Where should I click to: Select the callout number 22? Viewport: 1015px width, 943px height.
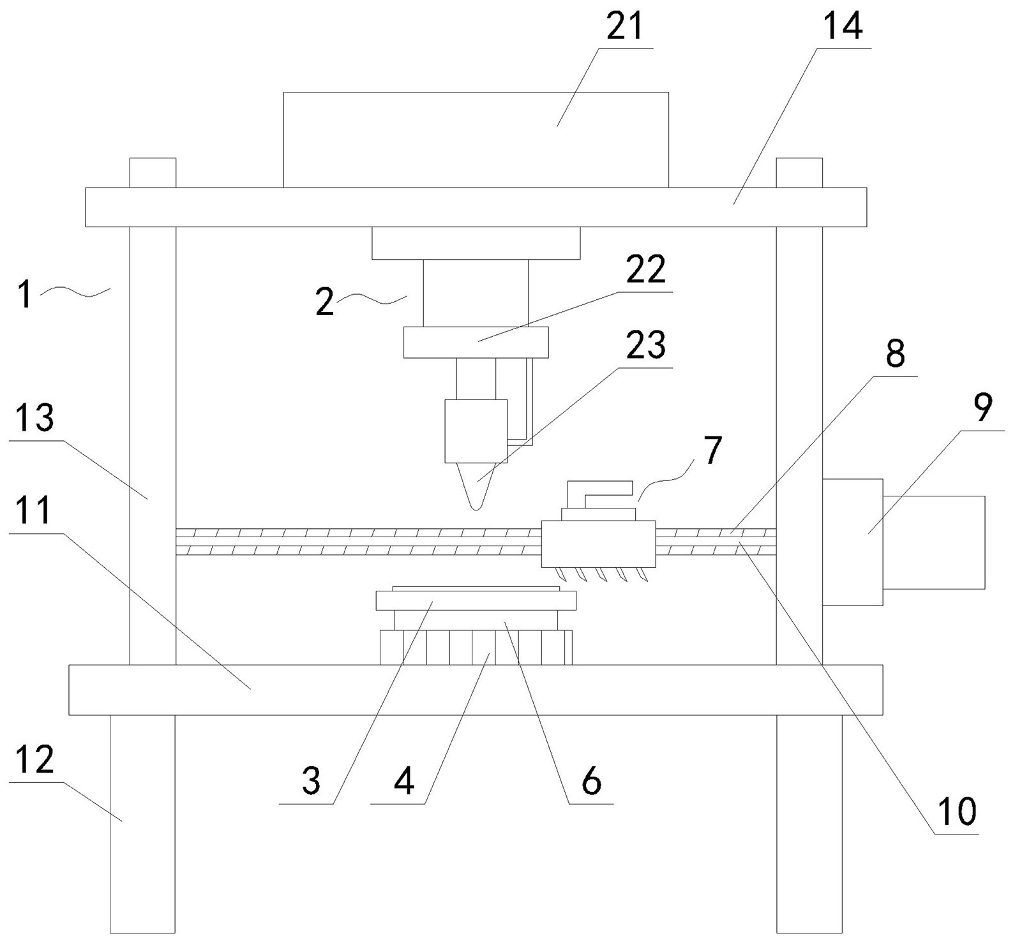coord(645,271)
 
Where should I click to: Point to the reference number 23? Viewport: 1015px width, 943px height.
coord(645,346)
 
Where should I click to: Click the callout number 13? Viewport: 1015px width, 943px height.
coord(35,418)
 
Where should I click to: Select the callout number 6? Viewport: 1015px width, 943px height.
coord(591,781)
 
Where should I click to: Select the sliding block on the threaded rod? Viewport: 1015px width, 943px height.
coord(598,544)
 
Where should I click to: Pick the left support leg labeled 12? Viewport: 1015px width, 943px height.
coord(142,823)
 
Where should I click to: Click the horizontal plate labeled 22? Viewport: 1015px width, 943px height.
coord(476,343)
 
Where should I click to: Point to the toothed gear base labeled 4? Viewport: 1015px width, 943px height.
coord(476,648)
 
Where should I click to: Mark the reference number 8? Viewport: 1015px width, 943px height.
coord(895,353)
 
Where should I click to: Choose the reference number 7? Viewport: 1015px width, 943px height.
coord(712,450)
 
